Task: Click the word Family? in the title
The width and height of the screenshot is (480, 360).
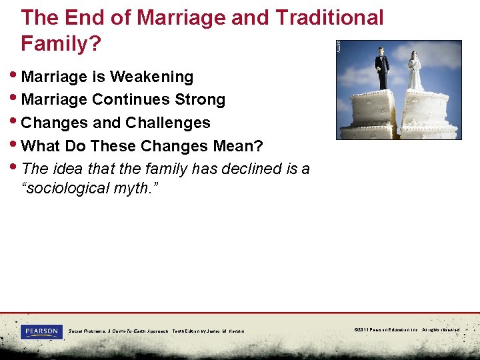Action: pyautogui.click(x=61, y=44)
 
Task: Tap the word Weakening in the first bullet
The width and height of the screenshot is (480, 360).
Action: pyautogui.click(x=151, y=77)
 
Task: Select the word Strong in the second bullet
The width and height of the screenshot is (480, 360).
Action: pyautogui.click(x=201, y=100)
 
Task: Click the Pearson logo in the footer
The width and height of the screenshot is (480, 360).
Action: pyautogui.click(x=41, y=331)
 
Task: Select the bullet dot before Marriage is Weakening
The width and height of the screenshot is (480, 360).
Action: pyautogui.click(x=16, y=77)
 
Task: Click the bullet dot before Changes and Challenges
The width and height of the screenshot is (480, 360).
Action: pyautogui.click(x=16, y=123)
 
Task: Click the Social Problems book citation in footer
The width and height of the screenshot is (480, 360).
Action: pyautogui.click(x=157, y=331)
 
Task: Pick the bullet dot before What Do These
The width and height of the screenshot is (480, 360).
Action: pyautogui.click(x=16, y=146)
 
